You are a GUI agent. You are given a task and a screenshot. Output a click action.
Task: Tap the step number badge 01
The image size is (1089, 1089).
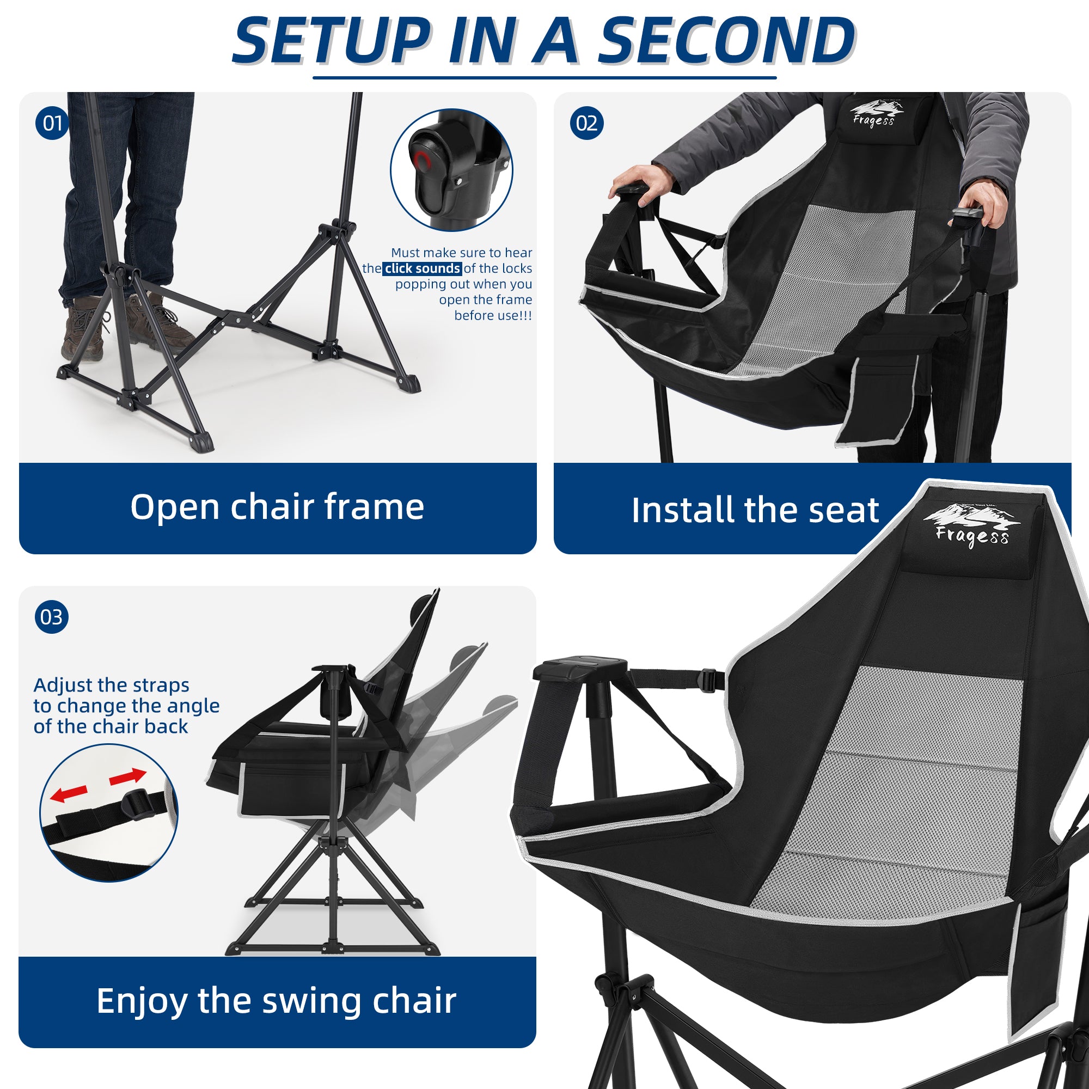(52, 123)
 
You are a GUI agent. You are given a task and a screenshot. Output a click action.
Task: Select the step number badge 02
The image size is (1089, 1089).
(586, 123)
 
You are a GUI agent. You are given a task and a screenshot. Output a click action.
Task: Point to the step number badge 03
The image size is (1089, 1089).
(52, 617)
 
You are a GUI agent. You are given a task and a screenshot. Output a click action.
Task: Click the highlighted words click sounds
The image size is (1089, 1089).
(422, 268)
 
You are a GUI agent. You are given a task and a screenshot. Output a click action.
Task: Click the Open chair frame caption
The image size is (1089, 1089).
(277, 507)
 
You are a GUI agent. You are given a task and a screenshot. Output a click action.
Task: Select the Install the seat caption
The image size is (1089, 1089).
(755, 510)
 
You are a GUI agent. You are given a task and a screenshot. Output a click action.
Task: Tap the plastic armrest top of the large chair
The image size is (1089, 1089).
(580, 669)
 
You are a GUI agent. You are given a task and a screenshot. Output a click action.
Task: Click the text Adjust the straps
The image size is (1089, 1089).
(111, 685)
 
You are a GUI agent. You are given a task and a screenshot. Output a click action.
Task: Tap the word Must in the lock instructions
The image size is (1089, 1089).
(405, 253)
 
